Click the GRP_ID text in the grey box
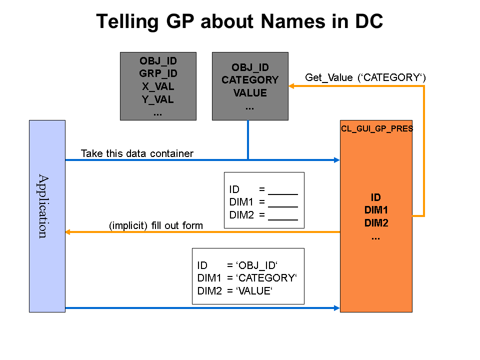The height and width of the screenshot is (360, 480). point(158,73)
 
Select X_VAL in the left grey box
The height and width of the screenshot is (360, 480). point(158,86)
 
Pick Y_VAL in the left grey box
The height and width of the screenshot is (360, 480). point(158,99)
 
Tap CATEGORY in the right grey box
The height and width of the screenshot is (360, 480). point(250,80)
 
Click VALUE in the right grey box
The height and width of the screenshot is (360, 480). point(250,93)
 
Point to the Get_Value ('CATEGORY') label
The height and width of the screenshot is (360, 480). point(365,77)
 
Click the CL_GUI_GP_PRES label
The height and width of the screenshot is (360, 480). point(376,128)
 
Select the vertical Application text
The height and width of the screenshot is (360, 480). point(43,206)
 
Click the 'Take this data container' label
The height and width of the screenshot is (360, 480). point(137,153)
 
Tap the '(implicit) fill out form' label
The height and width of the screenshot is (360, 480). point(156,225)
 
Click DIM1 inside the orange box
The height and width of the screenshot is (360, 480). point(376,210)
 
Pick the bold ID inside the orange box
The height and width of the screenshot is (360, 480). point(376,197)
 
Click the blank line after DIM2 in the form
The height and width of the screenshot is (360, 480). point(283,216)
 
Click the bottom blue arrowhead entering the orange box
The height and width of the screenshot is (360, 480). point(336,308)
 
